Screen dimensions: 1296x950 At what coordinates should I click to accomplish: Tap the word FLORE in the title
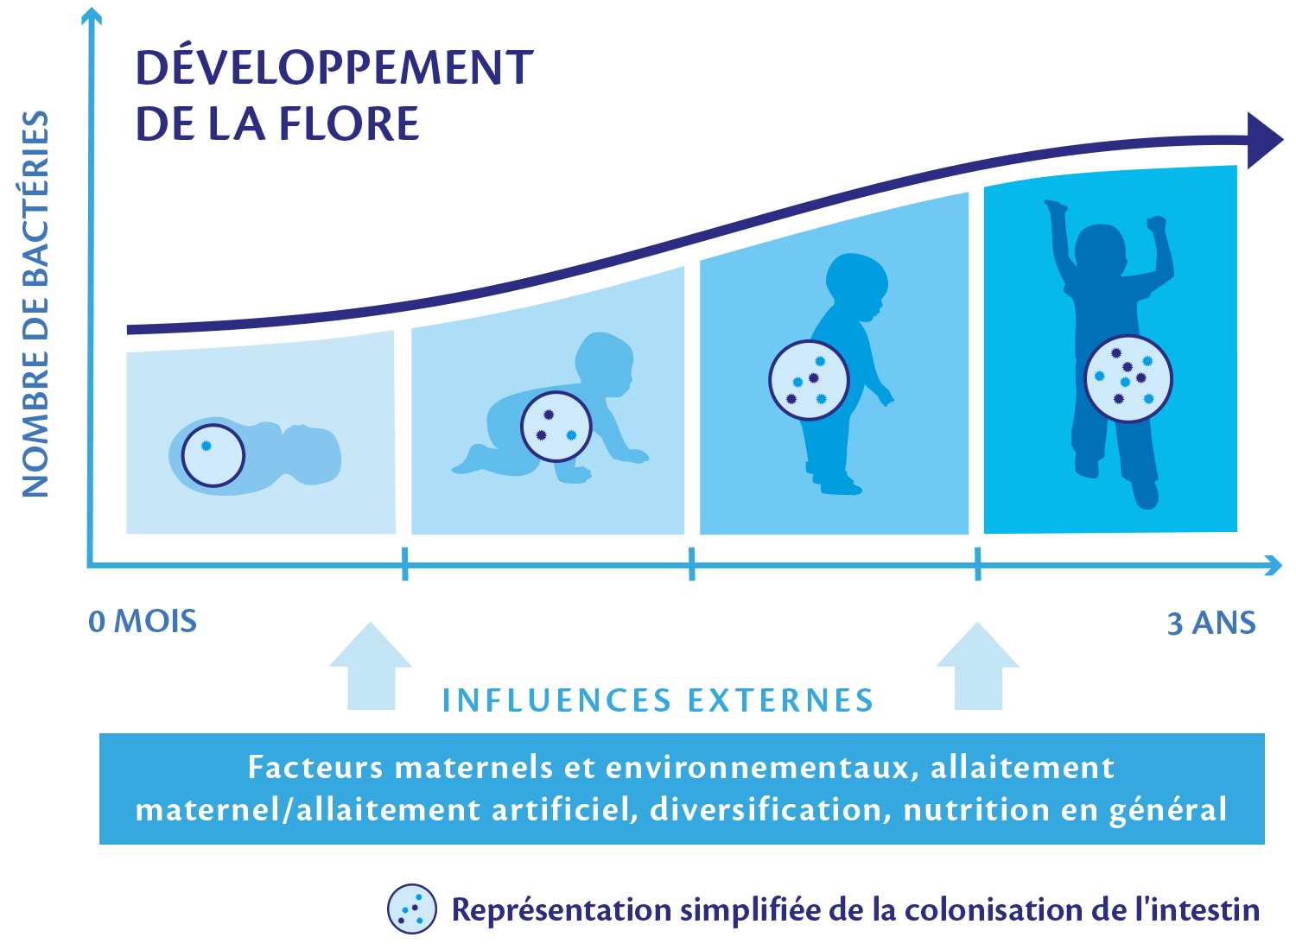click(349, 123)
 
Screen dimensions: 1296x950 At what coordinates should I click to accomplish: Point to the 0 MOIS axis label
click(143, 622)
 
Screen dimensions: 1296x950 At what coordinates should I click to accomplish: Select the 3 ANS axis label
click(1211, 624)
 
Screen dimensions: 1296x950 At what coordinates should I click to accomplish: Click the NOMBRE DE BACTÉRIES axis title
click(35, 304)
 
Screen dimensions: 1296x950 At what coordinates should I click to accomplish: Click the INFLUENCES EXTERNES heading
click(658, 700)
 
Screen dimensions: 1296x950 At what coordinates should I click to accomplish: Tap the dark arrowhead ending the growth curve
click(1265, 141)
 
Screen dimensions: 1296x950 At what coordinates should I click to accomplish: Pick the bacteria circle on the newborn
click(213, 456)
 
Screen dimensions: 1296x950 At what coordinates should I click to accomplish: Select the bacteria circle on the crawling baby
click(556, 427)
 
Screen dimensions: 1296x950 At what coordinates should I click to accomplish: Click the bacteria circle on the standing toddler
click(809, 381)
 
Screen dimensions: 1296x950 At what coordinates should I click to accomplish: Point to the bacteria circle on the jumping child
click(1128, 379)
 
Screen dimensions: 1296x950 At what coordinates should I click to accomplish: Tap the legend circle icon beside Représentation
click(412, 909)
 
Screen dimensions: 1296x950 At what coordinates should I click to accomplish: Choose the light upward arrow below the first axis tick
click(371, 666)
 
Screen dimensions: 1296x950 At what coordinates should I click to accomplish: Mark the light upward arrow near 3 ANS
click(978, 666)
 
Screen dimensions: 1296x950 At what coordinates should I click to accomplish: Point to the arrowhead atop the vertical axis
click(92, 16)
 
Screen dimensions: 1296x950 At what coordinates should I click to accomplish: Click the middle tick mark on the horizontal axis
click(692, 564)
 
